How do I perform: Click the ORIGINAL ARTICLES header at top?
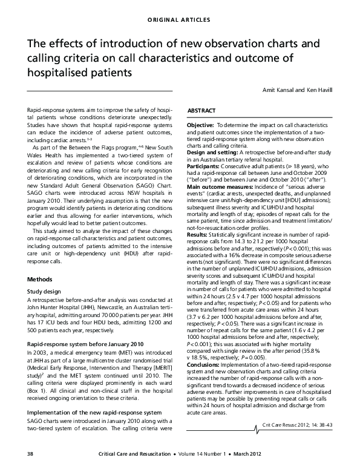(x=179, y=20)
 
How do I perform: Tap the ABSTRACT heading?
(x=200, y=113)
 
